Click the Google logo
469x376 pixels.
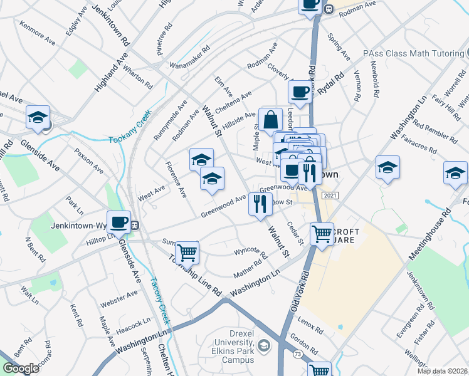pyautogui.click(x=20, y=368)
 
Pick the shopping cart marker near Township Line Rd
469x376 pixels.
pyautogui.click(x=187, y=253)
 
